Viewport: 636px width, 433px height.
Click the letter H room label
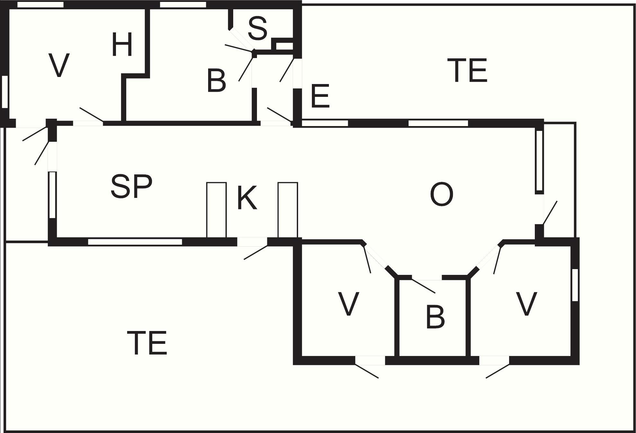coord(122,45)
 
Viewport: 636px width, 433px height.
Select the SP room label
coord(131,187)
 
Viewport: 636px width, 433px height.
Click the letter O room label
coord(442,194)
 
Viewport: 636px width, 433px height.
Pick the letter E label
coord(320,96)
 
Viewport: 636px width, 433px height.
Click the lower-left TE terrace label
coord(147,343)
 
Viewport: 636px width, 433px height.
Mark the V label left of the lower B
coord(349,304)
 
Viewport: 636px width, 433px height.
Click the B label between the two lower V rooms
coord(435,317)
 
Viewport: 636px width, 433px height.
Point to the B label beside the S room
coord(216,81)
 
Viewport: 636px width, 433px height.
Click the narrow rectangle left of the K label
coord(216,210)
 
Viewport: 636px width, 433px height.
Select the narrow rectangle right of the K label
coord(288,210)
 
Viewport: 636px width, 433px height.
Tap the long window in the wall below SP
coord(135,242)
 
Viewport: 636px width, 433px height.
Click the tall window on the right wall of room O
coord(540,160)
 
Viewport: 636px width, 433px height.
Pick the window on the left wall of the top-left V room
coord(5,92)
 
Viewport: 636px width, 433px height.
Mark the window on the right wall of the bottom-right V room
coord(575,285)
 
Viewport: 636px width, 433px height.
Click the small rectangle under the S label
coord(285,46)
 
